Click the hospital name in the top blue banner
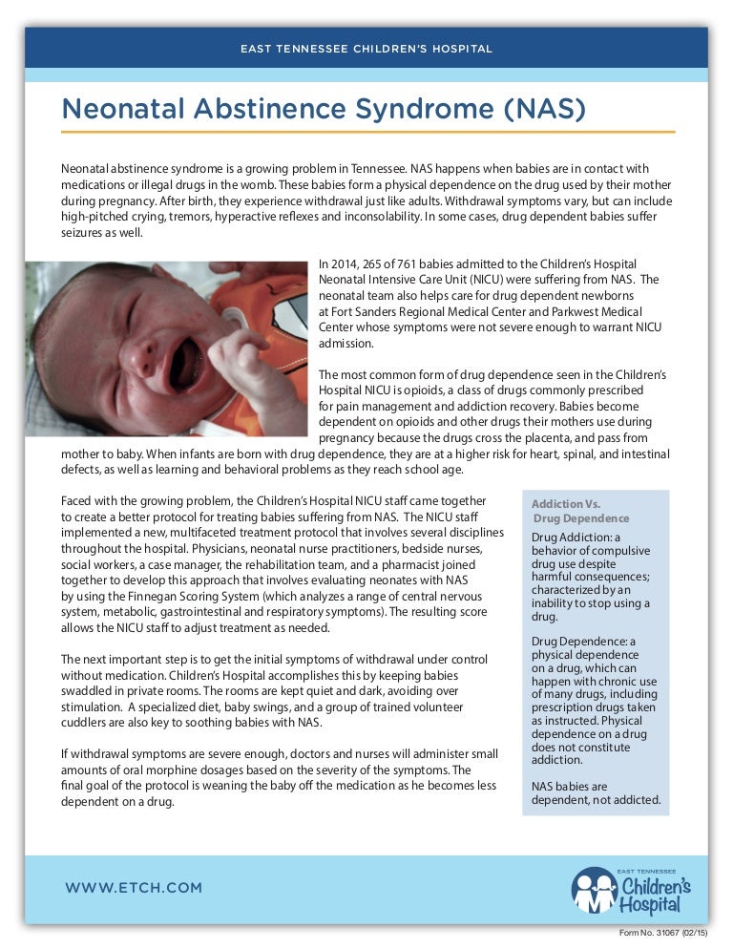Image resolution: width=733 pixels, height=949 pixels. click(x=366, y=48)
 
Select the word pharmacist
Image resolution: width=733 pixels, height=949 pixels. click(x=381, y=565)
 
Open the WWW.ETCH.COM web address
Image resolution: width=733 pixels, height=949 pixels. click(x=134, y=888)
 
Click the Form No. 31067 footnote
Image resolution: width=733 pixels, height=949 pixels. click(x=661, y=932)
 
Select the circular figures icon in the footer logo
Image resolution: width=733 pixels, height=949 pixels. click(x=594, y=890)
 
